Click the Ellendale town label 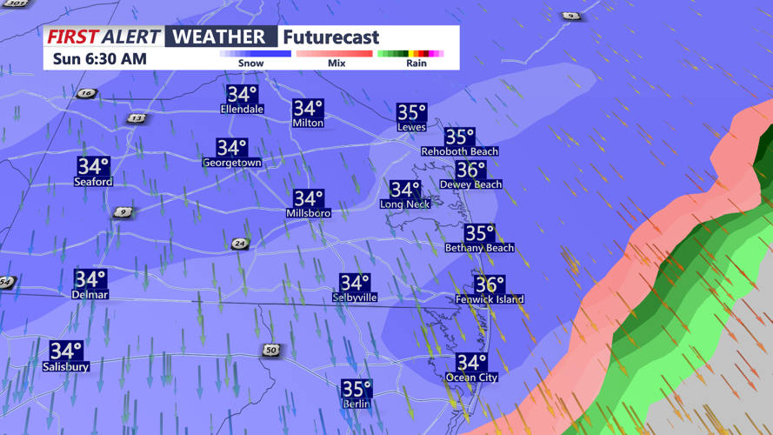click(242, 110)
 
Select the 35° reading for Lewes click(411, 112)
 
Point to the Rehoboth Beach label click(459, 151)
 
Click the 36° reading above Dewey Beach click(470, 170)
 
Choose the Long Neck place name click(404, 204)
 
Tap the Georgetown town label click(232, 163)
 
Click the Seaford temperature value click(93, 165)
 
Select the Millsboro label click(308, 213)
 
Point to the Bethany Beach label click(479, 248)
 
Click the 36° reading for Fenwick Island click(490, 284)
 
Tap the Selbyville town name click(355, 298)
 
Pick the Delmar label click(90, 295)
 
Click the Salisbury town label click(66, 367)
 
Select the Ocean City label click(471, 378)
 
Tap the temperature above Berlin click(357, 388)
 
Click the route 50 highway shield click(271, 350)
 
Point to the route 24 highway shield click(240, 244)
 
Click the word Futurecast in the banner click(331, 37)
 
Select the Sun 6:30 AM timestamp click(99, 59)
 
